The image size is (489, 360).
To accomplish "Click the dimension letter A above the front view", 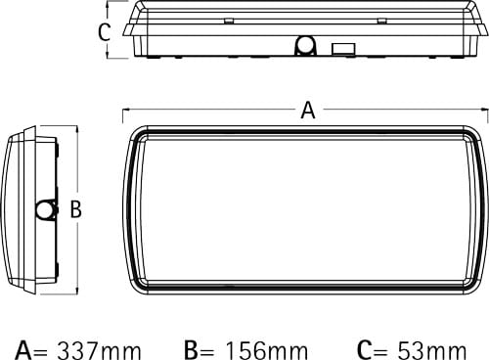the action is click(x=308, y=111).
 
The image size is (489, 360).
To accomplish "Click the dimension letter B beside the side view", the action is click(x=76, y=209).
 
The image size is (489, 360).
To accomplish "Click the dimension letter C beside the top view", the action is click(x=104, y=32).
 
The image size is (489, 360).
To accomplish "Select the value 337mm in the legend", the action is click(x=100, y=350).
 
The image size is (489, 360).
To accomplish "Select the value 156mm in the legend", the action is click(x=267, y=350).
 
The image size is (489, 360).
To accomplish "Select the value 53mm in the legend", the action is click(x=432, y=350).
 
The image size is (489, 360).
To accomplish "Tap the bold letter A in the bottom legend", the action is click(x=23, y=350).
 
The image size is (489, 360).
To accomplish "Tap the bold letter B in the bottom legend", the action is click(x=192, y=350).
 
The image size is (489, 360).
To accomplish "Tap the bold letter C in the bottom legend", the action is click(x=364, y=350).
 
